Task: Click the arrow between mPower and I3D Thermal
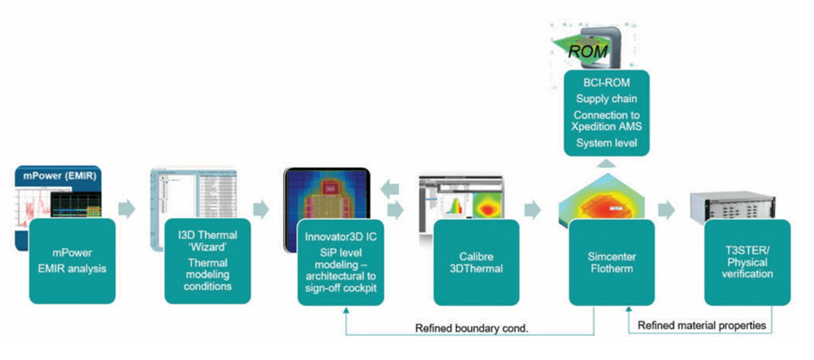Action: pyautogui.click(x=126, y=209)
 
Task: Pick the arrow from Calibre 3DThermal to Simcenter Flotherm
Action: pyautogui.click(x=530, y=209)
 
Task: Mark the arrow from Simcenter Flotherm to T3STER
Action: pyautogui.click(x=666, y=209)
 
